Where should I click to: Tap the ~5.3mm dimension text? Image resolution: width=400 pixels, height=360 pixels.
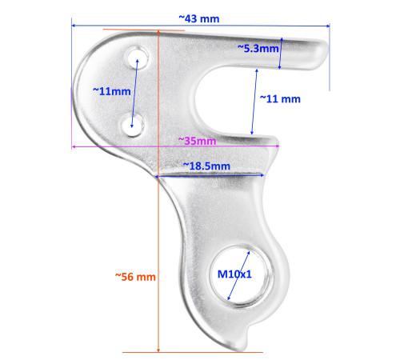pyautogui.click(x=258, y=49)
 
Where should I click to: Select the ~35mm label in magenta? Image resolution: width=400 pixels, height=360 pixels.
pyautogui.click(x=197, y=142)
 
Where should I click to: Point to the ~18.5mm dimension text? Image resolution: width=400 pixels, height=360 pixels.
pyautogui.click(x=206, y=166)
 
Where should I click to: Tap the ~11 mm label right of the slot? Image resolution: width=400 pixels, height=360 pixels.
pyautogui.click(x=280, y=99)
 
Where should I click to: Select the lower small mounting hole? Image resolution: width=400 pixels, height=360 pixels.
pyautogui.click(x=134, y=122)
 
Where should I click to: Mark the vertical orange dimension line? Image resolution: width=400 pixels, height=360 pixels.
pyautogui.click(x=159, y=240)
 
